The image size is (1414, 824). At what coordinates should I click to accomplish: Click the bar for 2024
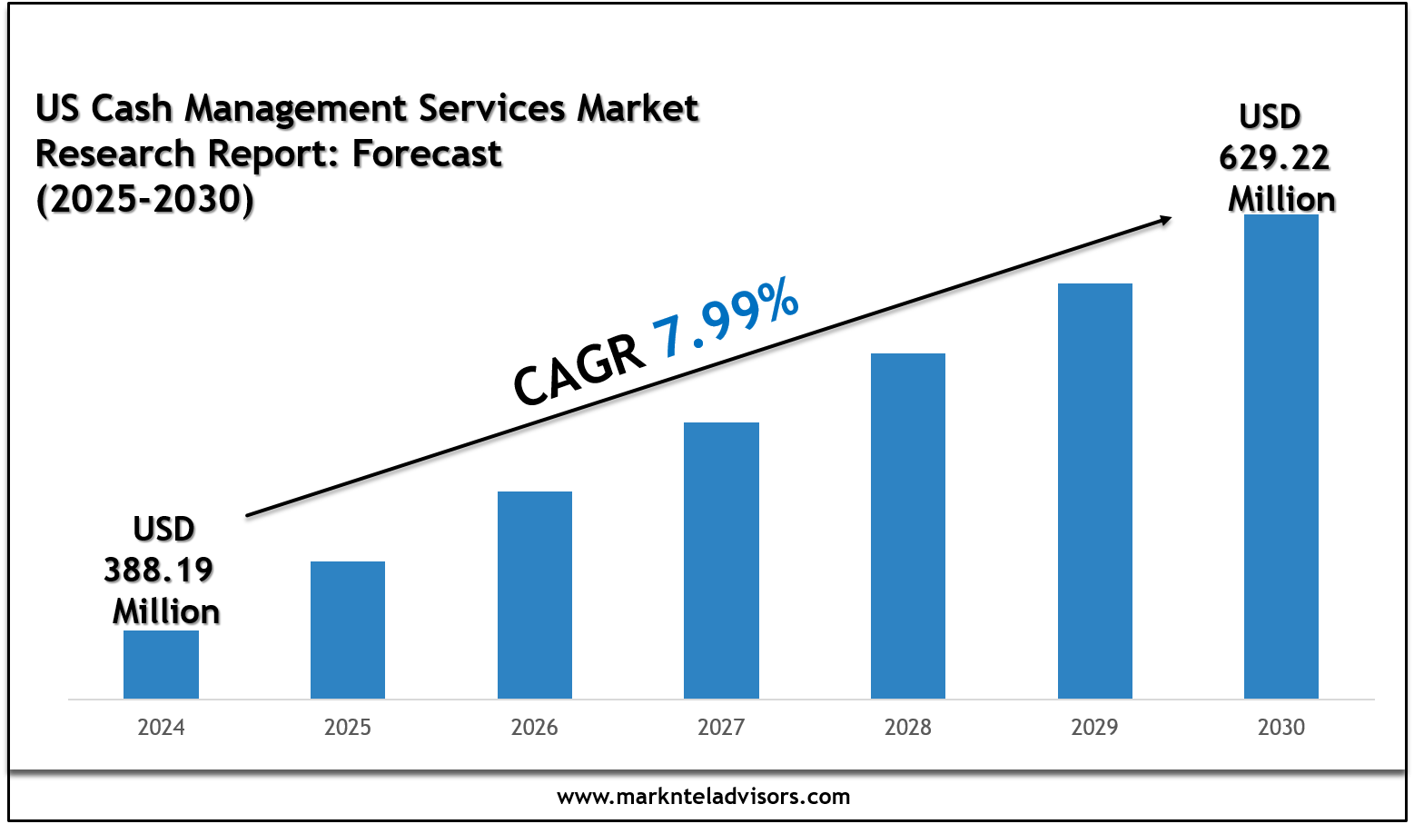tap(161, 664)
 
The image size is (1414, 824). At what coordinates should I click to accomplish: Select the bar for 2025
tap(348, 630)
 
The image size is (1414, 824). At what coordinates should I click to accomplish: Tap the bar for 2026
tap(535, 595)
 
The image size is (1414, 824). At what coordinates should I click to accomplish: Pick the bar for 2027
tap(721, 561)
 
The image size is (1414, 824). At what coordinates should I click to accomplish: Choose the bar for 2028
tap(908, 526)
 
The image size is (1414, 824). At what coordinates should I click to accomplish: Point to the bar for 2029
tap(1095, 491)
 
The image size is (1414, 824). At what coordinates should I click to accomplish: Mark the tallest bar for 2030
tap(1281, 456)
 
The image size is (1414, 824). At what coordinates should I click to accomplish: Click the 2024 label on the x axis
tap(161, 728)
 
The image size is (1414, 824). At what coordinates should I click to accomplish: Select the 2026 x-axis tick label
tap(535, 728)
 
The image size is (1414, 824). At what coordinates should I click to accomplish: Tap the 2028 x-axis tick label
tap(908, 728)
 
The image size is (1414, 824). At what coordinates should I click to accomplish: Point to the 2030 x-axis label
tap(1281, 728)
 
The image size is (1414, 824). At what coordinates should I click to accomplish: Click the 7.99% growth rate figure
tap(726, 319)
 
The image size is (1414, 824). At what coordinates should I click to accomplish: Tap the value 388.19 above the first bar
tap(159, 571)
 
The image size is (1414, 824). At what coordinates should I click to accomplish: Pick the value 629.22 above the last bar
tap(1274, 158)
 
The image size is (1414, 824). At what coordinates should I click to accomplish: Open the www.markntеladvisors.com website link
tap(704, 797)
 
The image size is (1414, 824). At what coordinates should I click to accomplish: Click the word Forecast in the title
tap(427, 154)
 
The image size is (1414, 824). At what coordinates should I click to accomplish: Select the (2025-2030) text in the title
tap(145, 199)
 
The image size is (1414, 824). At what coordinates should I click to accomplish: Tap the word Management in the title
tap(296, 109)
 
